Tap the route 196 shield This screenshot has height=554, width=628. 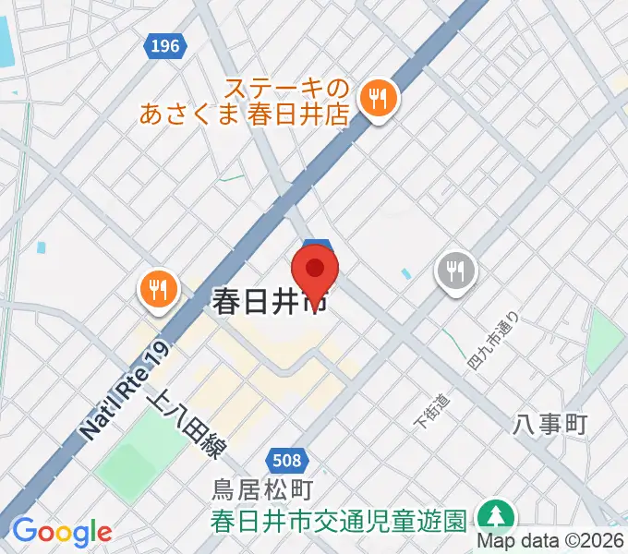pyautogui.click(x=163, y=44)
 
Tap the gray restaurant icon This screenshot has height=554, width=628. pyautogui.click(x=455, y=271)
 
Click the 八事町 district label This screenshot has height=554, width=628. pyautogui.click(x=550, y=424)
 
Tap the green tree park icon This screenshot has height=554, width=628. pyautogui.click(x=497, y=516)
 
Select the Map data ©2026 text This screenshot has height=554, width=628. pyautogui.click(x=551, y=541)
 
